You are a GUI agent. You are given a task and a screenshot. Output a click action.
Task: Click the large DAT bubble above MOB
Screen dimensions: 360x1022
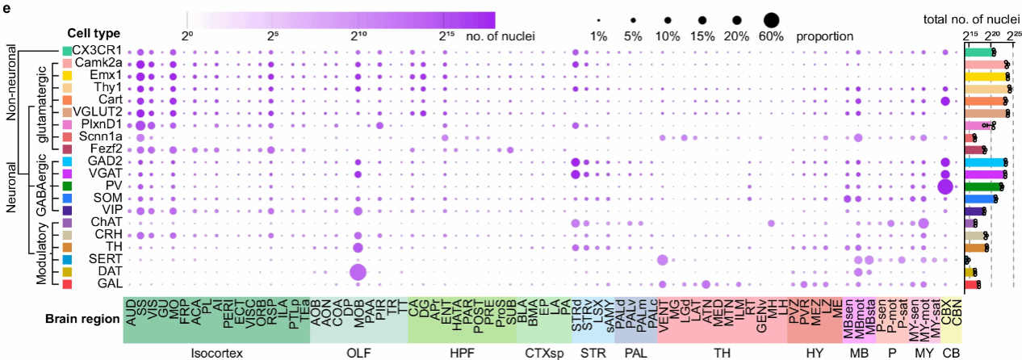[x=358, y=272]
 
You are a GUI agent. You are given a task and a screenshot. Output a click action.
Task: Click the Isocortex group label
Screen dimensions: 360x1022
[x=216, y=353]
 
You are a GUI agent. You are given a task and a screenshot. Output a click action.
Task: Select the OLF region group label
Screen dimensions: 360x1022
[x=358, y=353]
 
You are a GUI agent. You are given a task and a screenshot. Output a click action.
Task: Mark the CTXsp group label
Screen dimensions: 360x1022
[x=542, y=353]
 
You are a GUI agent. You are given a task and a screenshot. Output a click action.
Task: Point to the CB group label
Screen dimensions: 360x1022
[x=949, y=353]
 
